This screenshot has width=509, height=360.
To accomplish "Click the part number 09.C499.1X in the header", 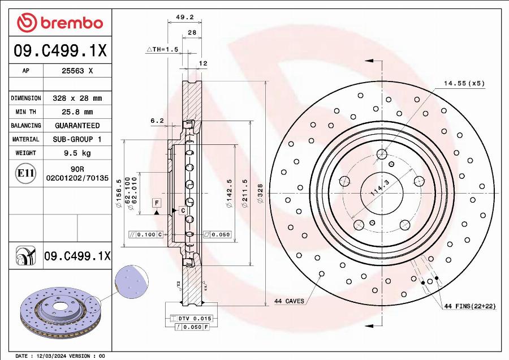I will [60, 51].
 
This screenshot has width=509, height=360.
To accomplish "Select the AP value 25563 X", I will [77, 71].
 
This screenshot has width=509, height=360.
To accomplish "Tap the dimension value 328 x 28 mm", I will [77, 98].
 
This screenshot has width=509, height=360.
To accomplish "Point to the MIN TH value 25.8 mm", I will [77, 112].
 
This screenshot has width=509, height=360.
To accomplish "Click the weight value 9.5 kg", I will [77, 153].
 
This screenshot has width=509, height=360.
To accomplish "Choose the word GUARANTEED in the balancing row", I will [77, 126].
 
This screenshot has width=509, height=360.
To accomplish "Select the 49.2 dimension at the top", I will [182, 18].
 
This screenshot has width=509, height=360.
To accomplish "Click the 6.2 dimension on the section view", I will [157, 121].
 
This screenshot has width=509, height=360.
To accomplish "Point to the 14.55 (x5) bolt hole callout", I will [464, 83].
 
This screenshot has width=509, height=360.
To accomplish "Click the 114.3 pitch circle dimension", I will [380, 187].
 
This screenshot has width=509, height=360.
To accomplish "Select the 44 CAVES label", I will [289, 301].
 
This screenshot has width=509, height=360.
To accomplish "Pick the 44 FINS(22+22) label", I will [469, 306].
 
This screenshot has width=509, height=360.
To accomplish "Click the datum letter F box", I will [156, 202].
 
